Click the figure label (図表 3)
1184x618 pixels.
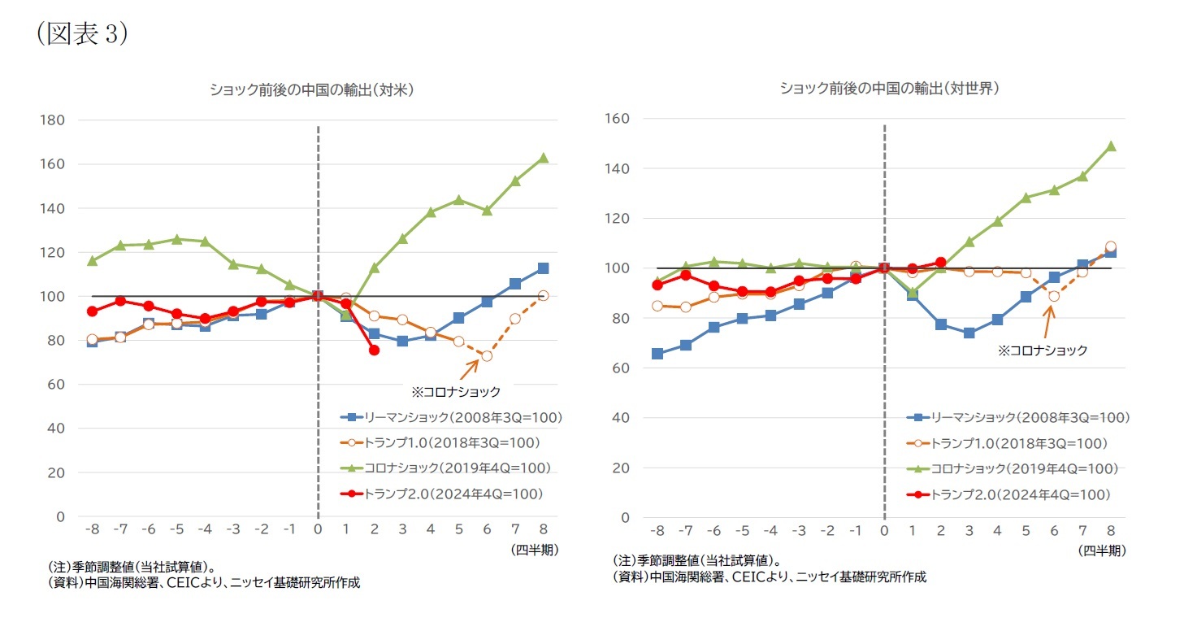pos(82,35)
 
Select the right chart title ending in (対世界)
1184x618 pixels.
pos(889,88)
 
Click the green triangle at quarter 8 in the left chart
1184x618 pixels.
pos(543,158)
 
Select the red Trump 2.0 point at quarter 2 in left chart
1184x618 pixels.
pos(374,350)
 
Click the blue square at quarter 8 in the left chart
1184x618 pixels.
pos(543,268)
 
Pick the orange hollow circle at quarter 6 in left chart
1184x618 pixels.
pos(487,355)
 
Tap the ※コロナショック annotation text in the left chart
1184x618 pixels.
pos(455,392)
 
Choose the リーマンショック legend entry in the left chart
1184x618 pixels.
pos(451,417)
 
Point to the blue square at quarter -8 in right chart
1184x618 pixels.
pos(657,354)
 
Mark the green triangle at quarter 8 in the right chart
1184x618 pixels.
pos(1110,146)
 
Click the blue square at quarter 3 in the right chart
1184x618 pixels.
pos(969,333)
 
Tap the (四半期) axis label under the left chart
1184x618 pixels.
pos(534,550)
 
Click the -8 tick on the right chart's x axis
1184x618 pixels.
pos(657,531)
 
